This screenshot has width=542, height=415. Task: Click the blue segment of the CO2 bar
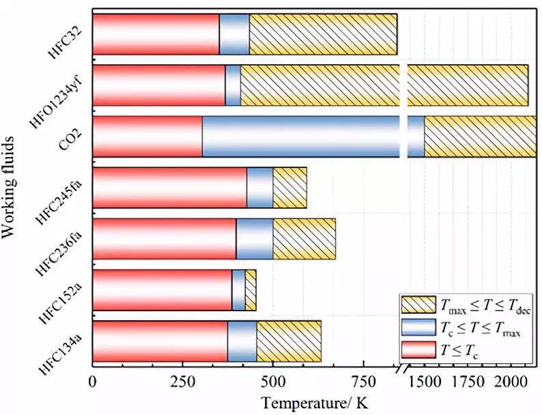coord(300,137)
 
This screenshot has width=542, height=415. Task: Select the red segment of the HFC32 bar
coord(156,34)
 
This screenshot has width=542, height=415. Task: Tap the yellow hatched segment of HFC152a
coord(251,290)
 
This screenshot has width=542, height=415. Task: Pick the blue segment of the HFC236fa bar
coord(255,239)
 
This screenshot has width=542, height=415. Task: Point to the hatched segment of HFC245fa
coord(289,188)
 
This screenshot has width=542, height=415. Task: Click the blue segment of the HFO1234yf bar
coord(233,85)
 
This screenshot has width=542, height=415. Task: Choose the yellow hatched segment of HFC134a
coord(289,341)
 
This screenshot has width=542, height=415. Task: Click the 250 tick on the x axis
coord(182,380)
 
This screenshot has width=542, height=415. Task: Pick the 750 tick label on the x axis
coord(362,380)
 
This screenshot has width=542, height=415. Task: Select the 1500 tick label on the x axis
coord(425,380)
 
